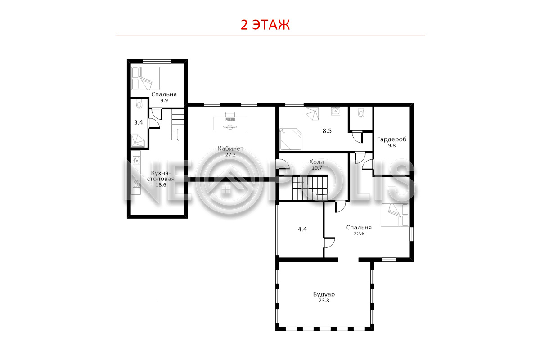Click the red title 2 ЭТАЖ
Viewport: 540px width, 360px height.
[x=265, y=25]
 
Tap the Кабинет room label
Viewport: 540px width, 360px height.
[x=230, y=148]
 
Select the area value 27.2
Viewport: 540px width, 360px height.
[x=230, y=155]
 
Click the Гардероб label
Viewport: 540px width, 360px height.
[x=392, y=139]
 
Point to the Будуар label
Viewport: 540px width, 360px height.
[x=324, y=294]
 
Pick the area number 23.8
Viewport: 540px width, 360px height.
[x=324, y=301]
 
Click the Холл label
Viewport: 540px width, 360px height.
[x=317, y=162]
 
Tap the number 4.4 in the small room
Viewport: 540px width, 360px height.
[x=302, y=229]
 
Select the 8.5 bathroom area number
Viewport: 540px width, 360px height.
[x=327, y=131]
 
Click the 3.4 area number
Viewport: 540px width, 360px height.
[x=139, y=122]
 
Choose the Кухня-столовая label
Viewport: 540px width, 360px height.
[x=161, y=176]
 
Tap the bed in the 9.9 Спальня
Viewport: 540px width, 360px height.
[x=145, y=78]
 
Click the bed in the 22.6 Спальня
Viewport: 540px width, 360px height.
[x=395, y=215]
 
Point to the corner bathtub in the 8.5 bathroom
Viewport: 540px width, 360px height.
[x=291, y=139]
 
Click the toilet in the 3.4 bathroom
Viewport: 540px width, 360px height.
[x=139, y=103]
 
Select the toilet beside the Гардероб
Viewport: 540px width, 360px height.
[x=361, y=112]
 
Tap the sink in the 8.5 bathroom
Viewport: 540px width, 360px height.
[x=335, y=111]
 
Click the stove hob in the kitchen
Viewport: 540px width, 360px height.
[x=137, y=184]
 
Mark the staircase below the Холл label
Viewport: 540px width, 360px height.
[x=310, y=188]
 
